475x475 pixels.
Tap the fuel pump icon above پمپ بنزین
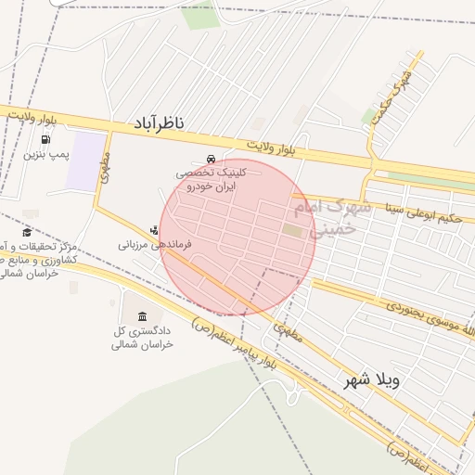coord(45,141)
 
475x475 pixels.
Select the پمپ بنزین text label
coord(46,154)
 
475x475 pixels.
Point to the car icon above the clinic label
coord(212,159)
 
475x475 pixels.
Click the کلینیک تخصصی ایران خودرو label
coord(212,179)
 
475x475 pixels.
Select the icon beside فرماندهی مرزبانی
coord(154,229)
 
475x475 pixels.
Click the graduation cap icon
coord(27,232)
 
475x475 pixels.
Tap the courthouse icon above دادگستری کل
coord(141,317)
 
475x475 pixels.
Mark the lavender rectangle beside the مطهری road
coord(85,161)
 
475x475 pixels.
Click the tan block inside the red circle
coord(293,229)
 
